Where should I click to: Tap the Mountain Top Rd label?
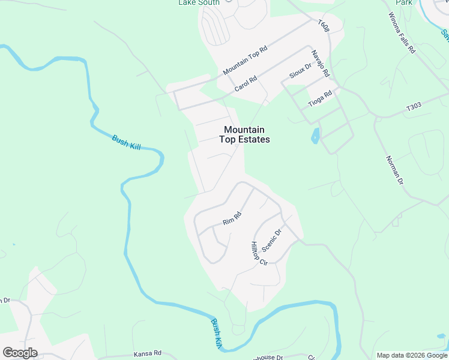[244, 61]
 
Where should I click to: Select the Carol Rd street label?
[246, 83]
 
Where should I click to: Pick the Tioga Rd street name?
[320, 98]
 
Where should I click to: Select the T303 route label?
[414, 107]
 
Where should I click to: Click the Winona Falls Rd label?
[402, 34]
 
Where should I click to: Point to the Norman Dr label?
[393, 169]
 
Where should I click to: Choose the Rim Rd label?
[232, 218]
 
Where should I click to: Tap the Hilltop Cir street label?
[259, 254]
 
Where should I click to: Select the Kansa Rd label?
[148, 353]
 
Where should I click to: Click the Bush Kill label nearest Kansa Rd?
[216, 334]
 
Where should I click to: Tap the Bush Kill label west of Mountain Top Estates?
[126, 142]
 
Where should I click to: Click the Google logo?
[20, 353]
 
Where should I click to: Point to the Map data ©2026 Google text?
[412, 355]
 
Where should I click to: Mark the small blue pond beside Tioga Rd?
[315, 137]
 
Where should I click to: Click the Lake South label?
[199, 2]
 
